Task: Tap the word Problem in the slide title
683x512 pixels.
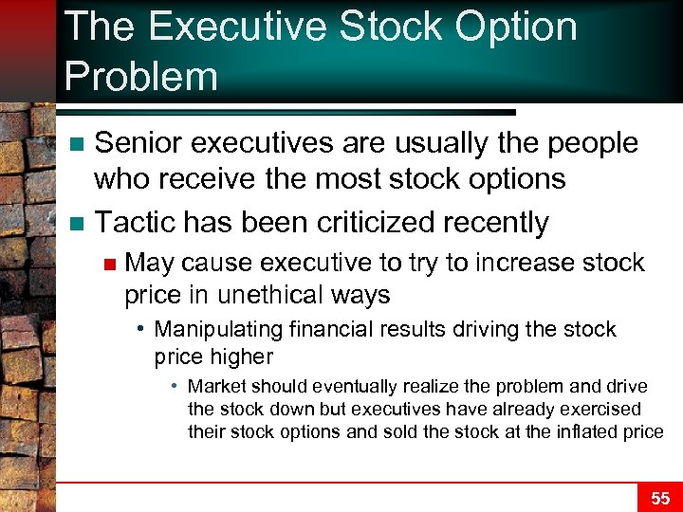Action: click(140, 75)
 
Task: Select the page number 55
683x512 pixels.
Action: click(660, 498)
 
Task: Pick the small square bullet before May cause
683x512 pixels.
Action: click(110, 264)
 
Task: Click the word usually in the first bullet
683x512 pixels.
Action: click(430, 143)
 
